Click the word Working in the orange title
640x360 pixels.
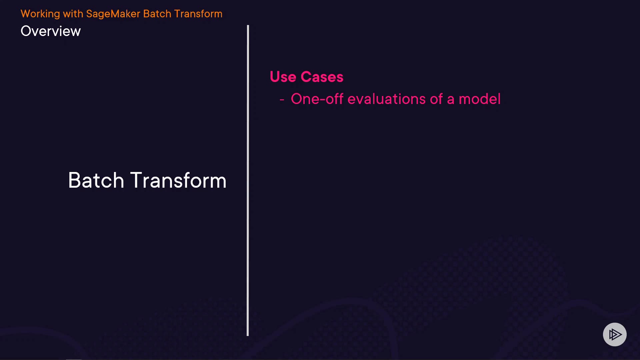coord(40,14)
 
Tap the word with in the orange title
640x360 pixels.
coord(73,14)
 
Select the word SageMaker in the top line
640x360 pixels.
coord(113,14)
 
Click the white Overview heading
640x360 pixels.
coord(51,31)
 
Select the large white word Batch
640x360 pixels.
coord(96,180)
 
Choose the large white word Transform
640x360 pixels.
coord(178,180)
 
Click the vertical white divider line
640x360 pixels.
coord(248,180)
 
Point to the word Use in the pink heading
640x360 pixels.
coord(283,77)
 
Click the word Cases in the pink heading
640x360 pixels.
coord(322,77)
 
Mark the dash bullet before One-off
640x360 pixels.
coord(282,99)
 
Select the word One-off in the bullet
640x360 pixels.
coord(317,99)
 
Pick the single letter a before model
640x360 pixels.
coord(451,100)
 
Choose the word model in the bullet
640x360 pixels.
coord(480,99)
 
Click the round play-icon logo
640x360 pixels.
coord(615,334)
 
